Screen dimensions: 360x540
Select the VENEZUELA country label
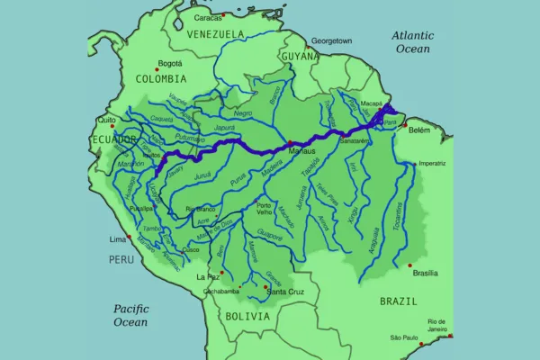click(x=215, y=34)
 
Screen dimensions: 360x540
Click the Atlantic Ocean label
click(x=413, y=41)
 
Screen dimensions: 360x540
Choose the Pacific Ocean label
click(x=130, y=314)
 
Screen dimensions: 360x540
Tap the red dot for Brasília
click(x=410, y=265)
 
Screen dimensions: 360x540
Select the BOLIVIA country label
click(x=247, y=317)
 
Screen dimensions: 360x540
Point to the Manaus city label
click(x=310, y=150)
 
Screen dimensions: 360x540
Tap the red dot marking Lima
click(x=129, y=238)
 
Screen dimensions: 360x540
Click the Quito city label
click(x=107, y=119)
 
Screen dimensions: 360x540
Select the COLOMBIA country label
click(x=161, y=79)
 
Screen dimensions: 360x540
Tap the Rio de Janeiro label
click(x=436, y=326)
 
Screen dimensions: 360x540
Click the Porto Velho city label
click(x=264, y=208)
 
